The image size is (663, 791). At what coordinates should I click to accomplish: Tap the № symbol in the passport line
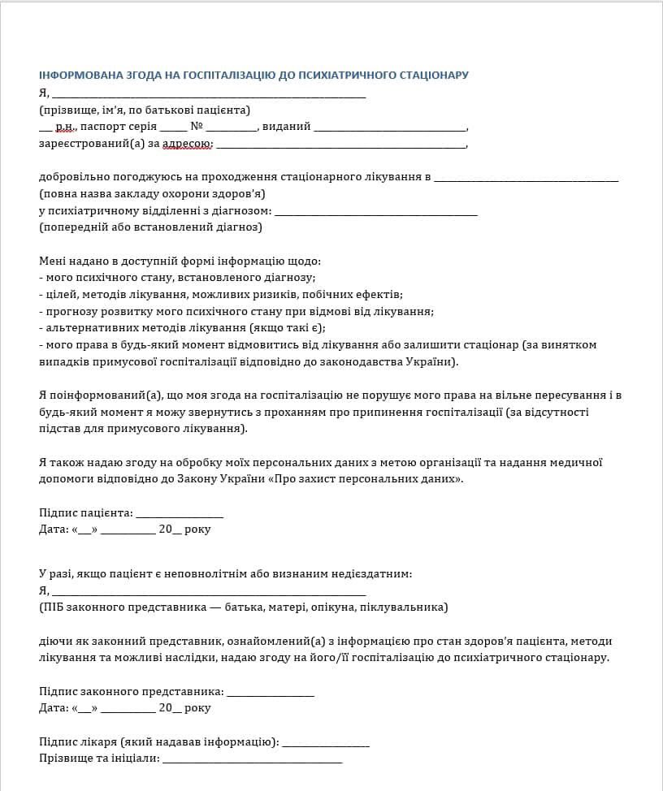196,127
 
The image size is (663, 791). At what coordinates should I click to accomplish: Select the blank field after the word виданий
390,128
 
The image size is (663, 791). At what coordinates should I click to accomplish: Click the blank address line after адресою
341,145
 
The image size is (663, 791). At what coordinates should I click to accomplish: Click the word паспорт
102,127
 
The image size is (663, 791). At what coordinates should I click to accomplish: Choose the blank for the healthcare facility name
526,177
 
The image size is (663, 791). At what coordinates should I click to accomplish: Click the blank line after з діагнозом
376,211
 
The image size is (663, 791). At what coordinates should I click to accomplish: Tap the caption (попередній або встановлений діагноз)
150,227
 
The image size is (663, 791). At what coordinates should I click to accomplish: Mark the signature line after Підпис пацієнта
179,514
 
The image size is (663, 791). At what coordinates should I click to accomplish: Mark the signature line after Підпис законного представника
270,692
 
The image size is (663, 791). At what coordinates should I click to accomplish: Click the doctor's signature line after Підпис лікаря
326,742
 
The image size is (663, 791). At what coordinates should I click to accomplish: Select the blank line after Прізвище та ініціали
253,759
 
